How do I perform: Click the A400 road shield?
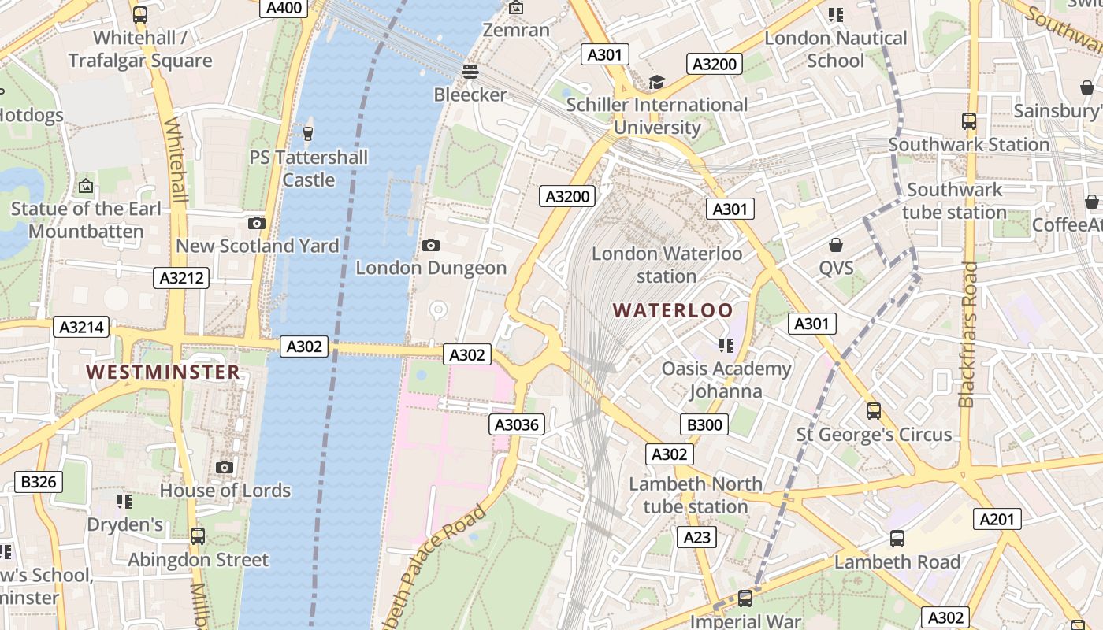click(x=284, y=8)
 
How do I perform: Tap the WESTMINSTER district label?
click(x=163, y=372)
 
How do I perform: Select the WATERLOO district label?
click(x=673, y=310)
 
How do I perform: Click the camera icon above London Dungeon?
click(x=430, y=245)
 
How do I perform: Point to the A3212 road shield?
click(x=181, y=277)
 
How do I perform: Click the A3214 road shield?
click(x=81, y=327)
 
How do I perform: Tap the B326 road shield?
click(x=39, y=481)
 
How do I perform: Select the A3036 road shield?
click(x=517, y=425)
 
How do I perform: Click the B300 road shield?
click(x=704, y=425)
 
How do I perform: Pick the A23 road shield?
click(x=696, y=537)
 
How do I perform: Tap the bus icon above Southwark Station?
click(x=969, y=121)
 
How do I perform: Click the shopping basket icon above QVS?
click(x=836, y=245)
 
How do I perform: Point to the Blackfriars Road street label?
click(x=968, y=335)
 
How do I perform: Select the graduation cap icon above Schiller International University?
click(x=656, y=82)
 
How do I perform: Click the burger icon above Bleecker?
click(x=470, y=72)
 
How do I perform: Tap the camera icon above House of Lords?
click(x=225, y=467)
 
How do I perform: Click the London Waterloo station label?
click(x=667, y=265)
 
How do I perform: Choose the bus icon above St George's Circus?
click(x=873, y=410)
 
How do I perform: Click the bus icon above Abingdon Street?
click(x=198, y=536)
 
